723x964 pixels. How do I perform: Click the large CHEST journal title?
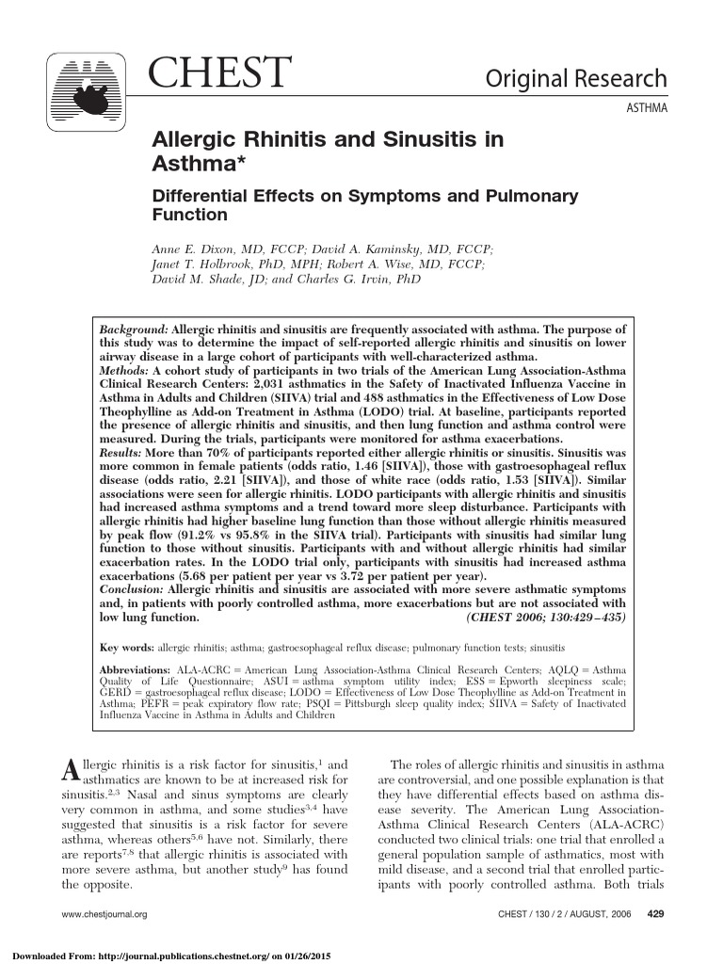pyautogui.click(x=222, y=74)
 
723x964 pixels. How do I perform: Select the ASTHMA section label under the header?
pyautogui.click(x=647, y=109)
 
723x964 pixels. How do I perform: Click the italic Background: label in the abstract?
pyautogui.click(x=134, y=332)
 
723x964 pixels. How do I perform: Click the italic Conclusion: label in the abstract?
pyautogui.click(x=132, y=589)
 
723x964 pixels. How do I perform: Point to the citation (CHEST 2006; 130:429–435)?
pyautogui.click(x=546, y=618)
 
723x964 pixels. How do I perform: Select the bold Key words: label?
pyautogui.click(x=127, y=649)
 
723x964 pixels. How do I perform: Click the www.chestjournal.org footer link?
pyautogui.click(x=104, y=914)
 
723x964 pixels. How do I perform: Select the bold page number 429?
pyautogui.click(x=658, y=914)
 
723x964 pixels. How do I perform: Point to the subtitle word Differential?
pyautogui.click(x=198, y=197)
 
